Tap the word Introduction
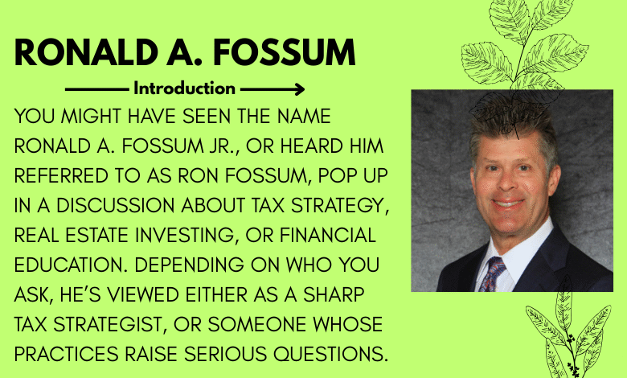(184, 88)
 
